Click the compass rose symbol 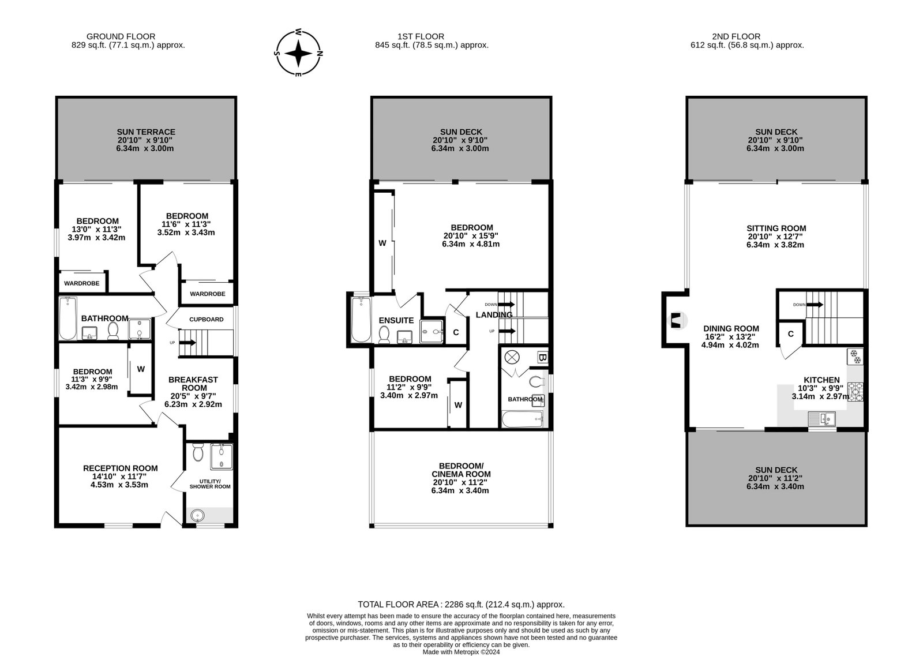(298, 53)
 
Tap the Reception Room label (121, 468)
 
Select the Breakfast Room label (193, 384)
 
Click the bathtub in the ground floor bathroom (68, 318)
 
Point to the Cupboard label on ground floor (207, 320)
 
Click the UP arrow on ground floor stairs (188, 342)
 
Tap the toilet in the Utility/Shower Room (198, 452)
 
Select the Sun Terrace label (146, 132)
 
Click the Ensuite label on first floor (396, 320)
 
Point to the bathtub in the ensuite (361, 320)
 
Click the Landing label (494, 315)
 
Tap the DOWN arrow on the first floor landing (507, 305)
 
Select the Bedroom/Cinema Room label (461, 470)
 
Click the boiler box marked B (543, 357)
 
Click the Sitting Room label (776, 228)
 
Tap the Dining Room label (731, 328)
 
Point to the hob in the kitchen (855, 392)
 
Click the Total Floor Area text (461, 605)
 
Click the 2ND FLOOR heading (736, 36)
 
